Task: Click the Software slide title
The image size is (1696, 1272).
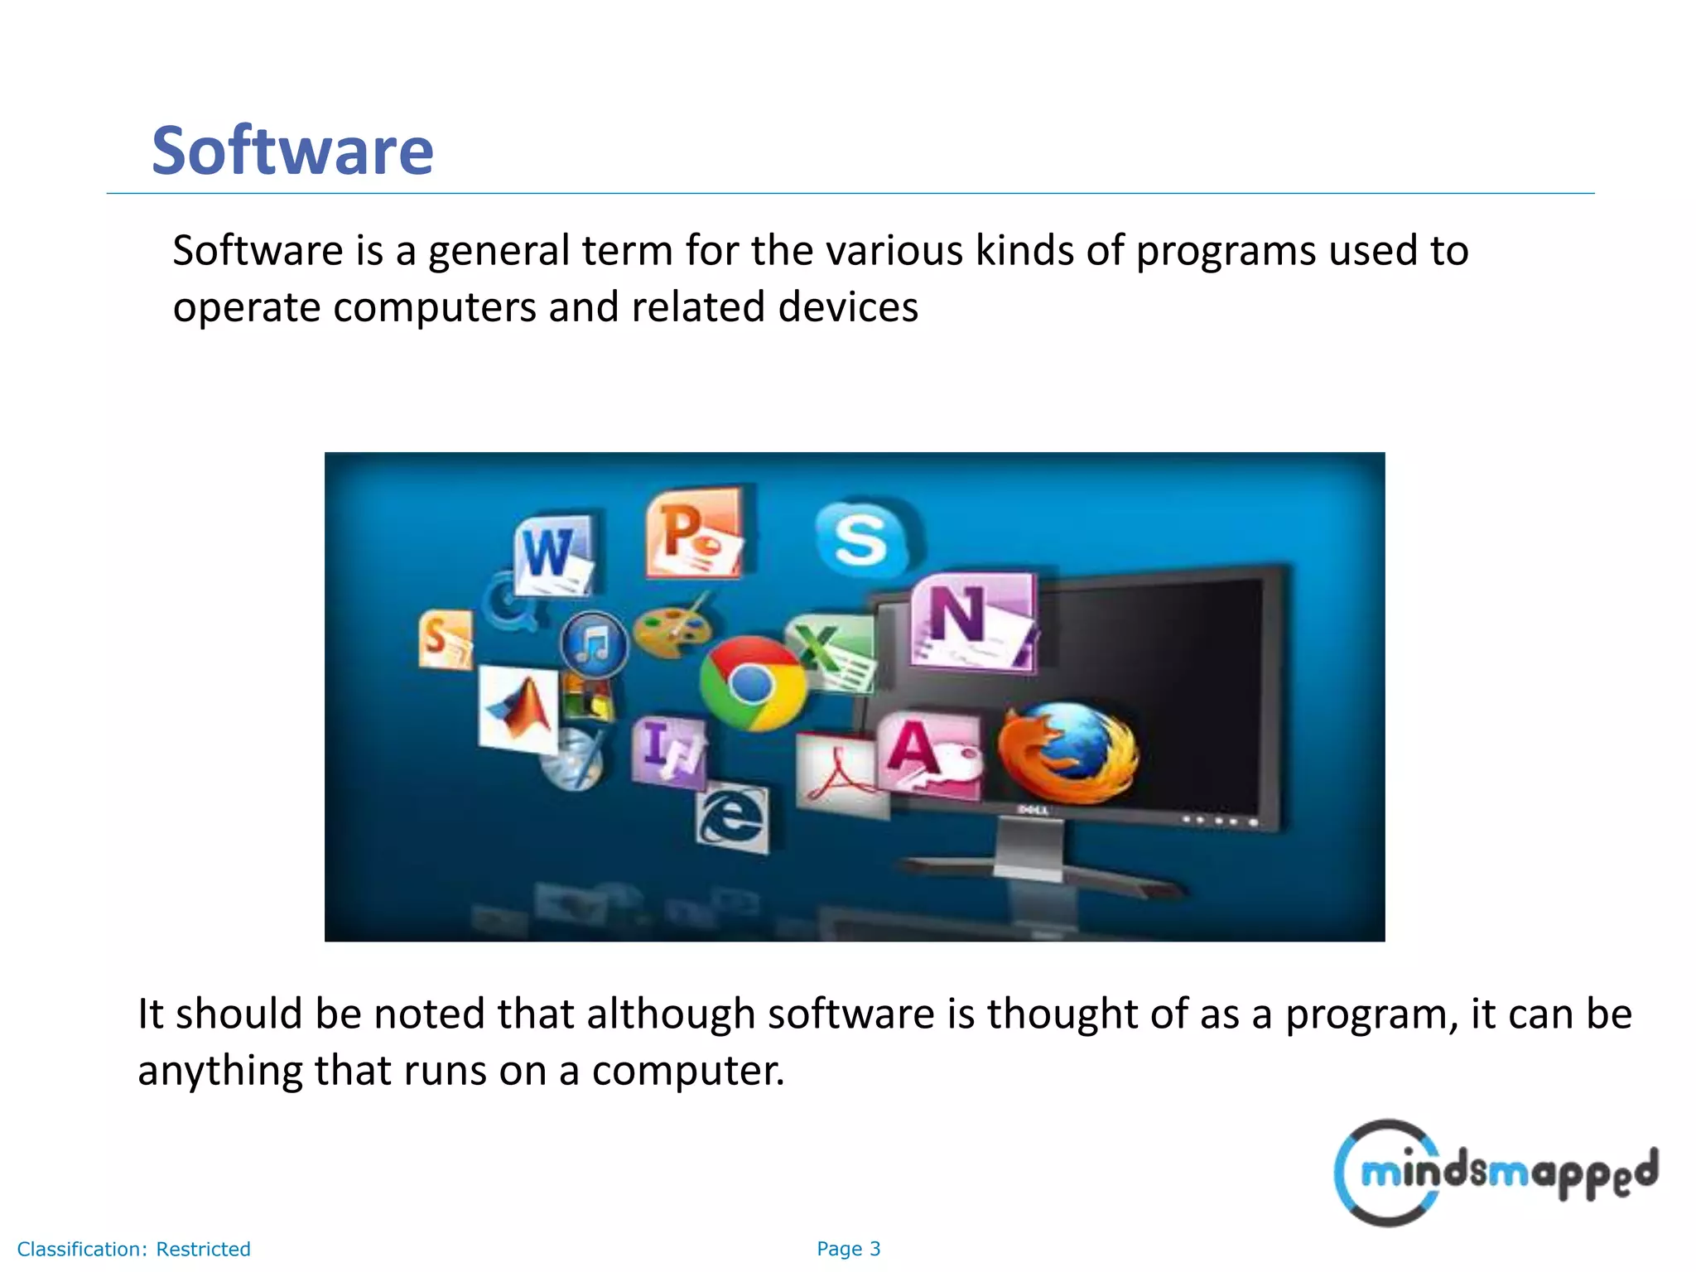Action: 292,151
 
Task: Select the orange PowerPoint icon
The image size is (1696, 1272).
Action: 693,534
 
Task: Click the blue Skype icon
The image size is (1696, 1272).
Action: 861,538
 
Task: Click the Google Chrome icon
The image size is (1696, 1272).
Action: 752,684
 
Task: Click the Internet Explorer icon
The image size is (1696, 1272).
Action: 732,818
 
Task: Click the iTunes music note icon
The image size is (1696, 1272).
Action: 594,644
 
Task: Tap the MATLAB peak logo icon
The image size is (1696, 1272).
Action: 519,708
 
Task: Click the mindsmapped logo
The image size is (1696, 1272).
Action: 1495,1173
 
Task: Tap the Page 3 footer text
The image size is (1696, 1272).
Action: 848,1249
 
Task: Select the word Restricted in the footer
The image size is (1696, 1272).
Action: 203,1249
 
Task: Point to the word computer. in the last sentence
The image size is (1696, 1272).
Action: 687,1070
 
